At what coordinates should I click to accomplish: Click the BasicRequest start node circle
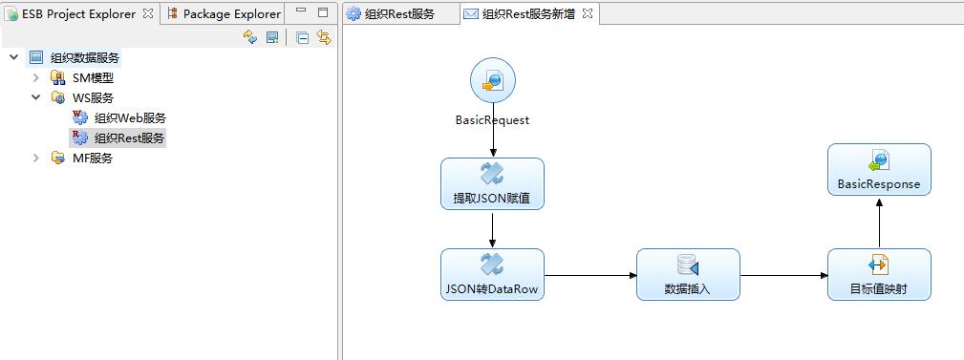pyautogui.click(x=493, y=81)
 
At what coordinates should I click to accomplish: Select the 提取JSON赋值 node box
pyautogui.click(x=492, y=183)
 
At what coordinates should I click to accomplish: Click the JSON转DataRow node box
pyautogui.click(x=492, y=274)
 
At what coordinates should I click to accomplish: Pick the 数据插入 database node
pyautogui.click(x=688, y=274)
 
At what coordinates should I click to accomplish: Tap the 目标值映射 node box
pyautogui.click(x=879, y=274)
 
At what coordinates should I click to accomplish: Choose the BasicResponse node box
pyautogui.click(x=879, y=170)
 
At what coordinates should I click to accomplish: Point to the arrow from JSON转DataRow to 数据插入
pyautogui.click(x=590, y=276)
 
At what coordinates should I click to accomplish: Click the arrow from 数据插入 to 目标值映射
pyautogui.click(x=783, y=276)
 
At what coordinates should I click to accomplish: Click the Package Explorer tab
pyautogui.click(x=230, y=13)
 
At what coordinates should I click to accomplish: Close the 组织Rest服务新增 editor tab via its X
pyautogui.click(x=588, y=13)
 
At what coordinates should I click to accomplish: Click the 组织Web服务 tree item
pyautogui.click(x=130, y=117)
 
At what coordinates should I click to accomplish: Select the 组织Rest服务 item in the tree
pyautogui.click(x=129, y=138)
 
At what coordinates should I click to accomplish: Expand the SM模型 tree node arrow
pyautogui.click(x=36, y=77)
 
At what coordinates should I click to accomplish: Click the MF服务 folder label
pyautogui.click(x=93, y=158)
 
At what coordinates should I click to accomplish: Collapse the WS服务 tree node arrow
pyautogui.click(x=36, y=97)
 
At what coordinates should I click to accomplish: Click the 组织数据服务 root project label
pyautogui.click(x=85, y=57)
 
